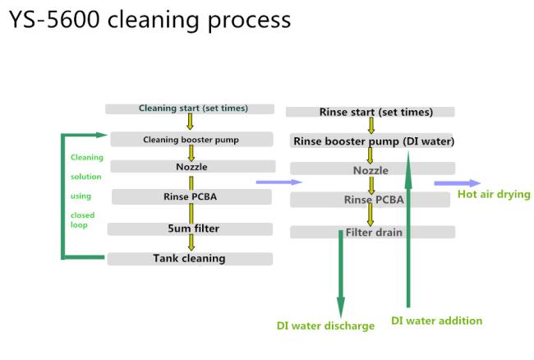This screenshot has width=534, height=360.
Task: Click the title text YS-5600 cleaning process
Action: coord(150,21)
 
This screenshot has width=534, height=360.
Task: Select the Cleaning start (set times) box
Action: coord(190,108)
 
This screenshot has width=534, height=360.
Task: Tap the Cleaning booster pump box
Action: coord(191,139)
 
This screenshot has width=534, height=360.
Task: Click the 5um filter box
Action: coord(190,228)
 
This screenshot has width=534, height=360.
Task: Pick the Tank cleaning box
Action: coord(190,259)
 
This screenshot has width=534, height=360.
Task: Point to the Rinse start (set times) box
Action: coord(371,112)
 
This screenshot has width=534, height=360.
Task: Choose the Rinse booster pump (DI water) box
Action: coord(373,141)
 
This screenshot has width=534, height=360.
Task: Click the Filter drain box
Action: coord(373,233)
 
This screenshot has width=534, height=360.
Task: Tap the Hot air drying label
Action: coord(494,195)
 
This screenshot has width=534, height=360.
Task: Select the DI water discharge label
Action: coord(325,326)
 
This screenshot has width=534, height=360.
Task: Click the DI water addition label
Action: coord(436,321)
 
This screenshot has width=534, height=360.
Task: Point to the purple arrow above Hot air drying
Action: coord(458,183)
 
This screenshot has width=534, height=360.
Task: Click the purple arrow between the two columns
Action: coord(279,182)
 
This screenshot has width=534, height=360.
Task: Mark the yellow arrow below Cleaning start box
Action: coord(190,122)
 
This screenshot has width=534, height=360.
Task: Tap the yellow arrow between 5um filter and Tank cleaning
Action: coord(191,242)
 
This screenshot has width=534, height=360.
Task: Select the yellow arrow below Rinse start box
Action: coord(371,125)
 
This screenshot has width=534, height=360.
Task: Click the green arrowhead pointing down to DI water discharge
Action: coord(341,307)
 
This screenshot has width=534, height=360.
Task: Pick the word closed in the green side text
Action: coord(82,215)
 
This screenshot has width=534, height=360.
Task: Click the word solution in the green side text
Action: coord(85,177)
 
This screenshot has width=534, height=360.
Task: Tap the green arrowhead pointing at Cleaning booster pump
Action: coord(102,136)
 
